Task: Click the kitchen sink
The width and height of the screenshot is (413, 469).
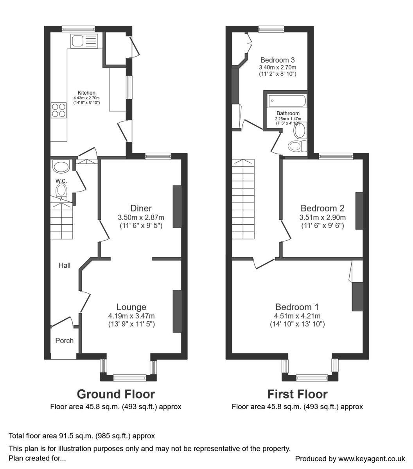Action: [84, 41]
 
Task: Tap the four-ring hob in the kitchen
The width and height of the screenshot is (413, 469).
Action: [58, 110]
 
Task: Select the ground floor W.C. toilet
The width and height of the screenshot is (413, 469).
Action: [61, 192]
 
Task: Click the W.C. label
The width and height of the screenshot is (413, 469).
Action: [61, 181]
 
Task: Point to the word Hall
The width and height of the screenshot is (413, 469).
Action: [65, 265]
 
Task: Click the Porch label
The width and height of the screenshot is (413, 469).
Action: [65, 340]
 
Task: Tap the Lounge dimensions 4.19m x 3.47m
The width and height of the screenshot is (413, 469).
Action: [131, 316]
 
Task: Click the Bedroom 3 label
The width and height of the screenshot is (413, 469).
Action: [277, 60]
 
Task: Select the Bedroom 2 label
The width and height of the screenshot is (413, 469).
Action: [322, 208]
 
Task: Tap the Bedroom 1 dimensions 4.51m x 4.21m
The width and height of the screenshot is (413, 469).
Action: [297, 316]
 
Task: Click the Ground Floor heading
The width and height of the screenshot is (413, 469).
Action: [116, 394]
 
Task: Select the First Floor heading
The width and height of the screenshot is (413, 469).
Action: [297, 394]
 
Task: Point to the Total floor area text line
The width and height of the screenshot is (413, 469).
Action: [82, 436]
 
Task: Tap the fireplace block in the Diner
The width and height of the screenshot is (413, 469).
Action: [177, 206]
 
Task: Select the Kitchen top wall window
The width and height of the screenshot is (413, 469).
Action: [78, 28]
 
